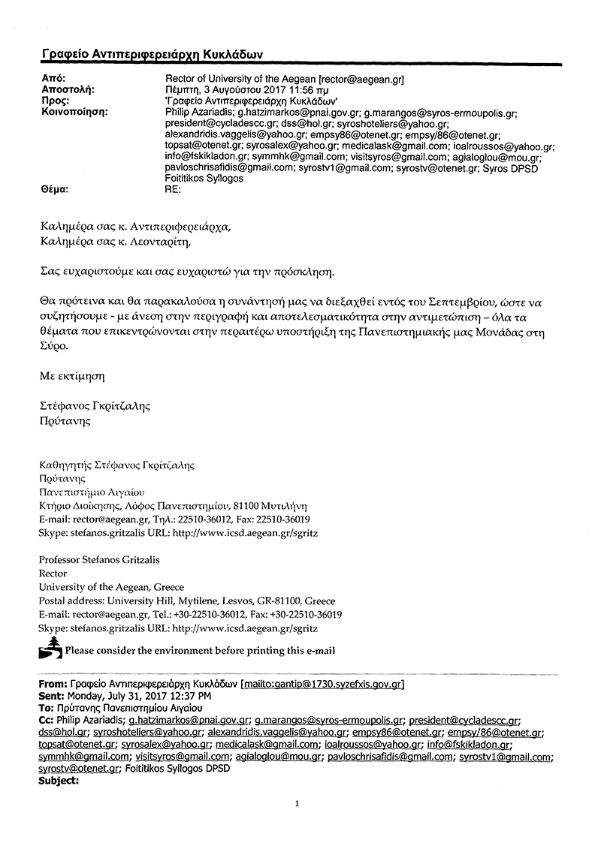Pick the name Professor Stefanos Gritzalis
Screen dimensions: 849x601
99,559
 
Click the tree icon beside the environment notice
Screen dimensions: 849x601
50,648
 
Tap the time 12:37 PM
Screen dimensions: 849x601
193,696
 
